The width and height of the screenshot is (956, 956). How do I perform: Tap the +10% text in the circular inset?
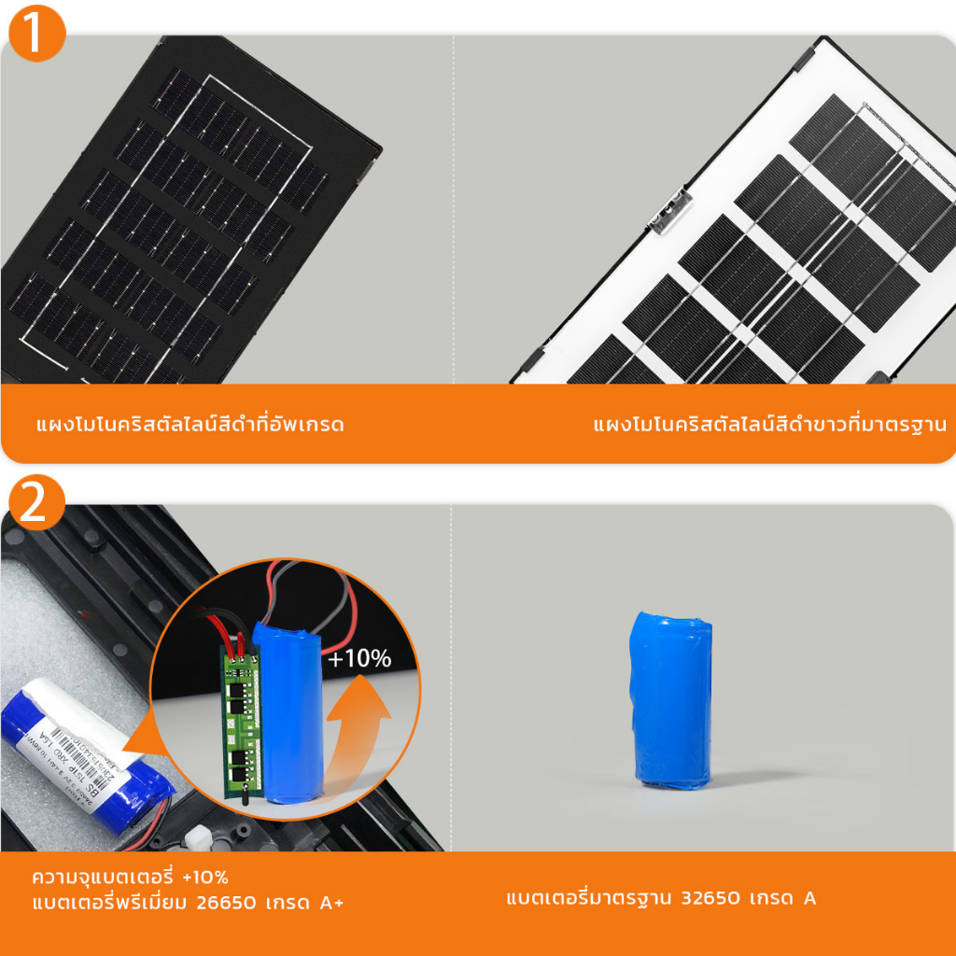tap(359, 658)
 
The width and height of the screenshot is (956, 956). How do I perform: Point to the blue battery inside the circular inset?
tap(288, 714)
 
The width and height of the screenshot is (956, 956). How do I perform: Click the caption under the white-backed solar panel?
tap(769, 425)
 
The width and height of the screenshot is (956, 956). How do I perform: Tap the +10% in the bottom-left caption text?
tap(205, 878)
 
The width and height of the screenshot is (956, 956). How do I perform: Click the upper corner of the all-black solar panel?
tap(168, 42)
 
